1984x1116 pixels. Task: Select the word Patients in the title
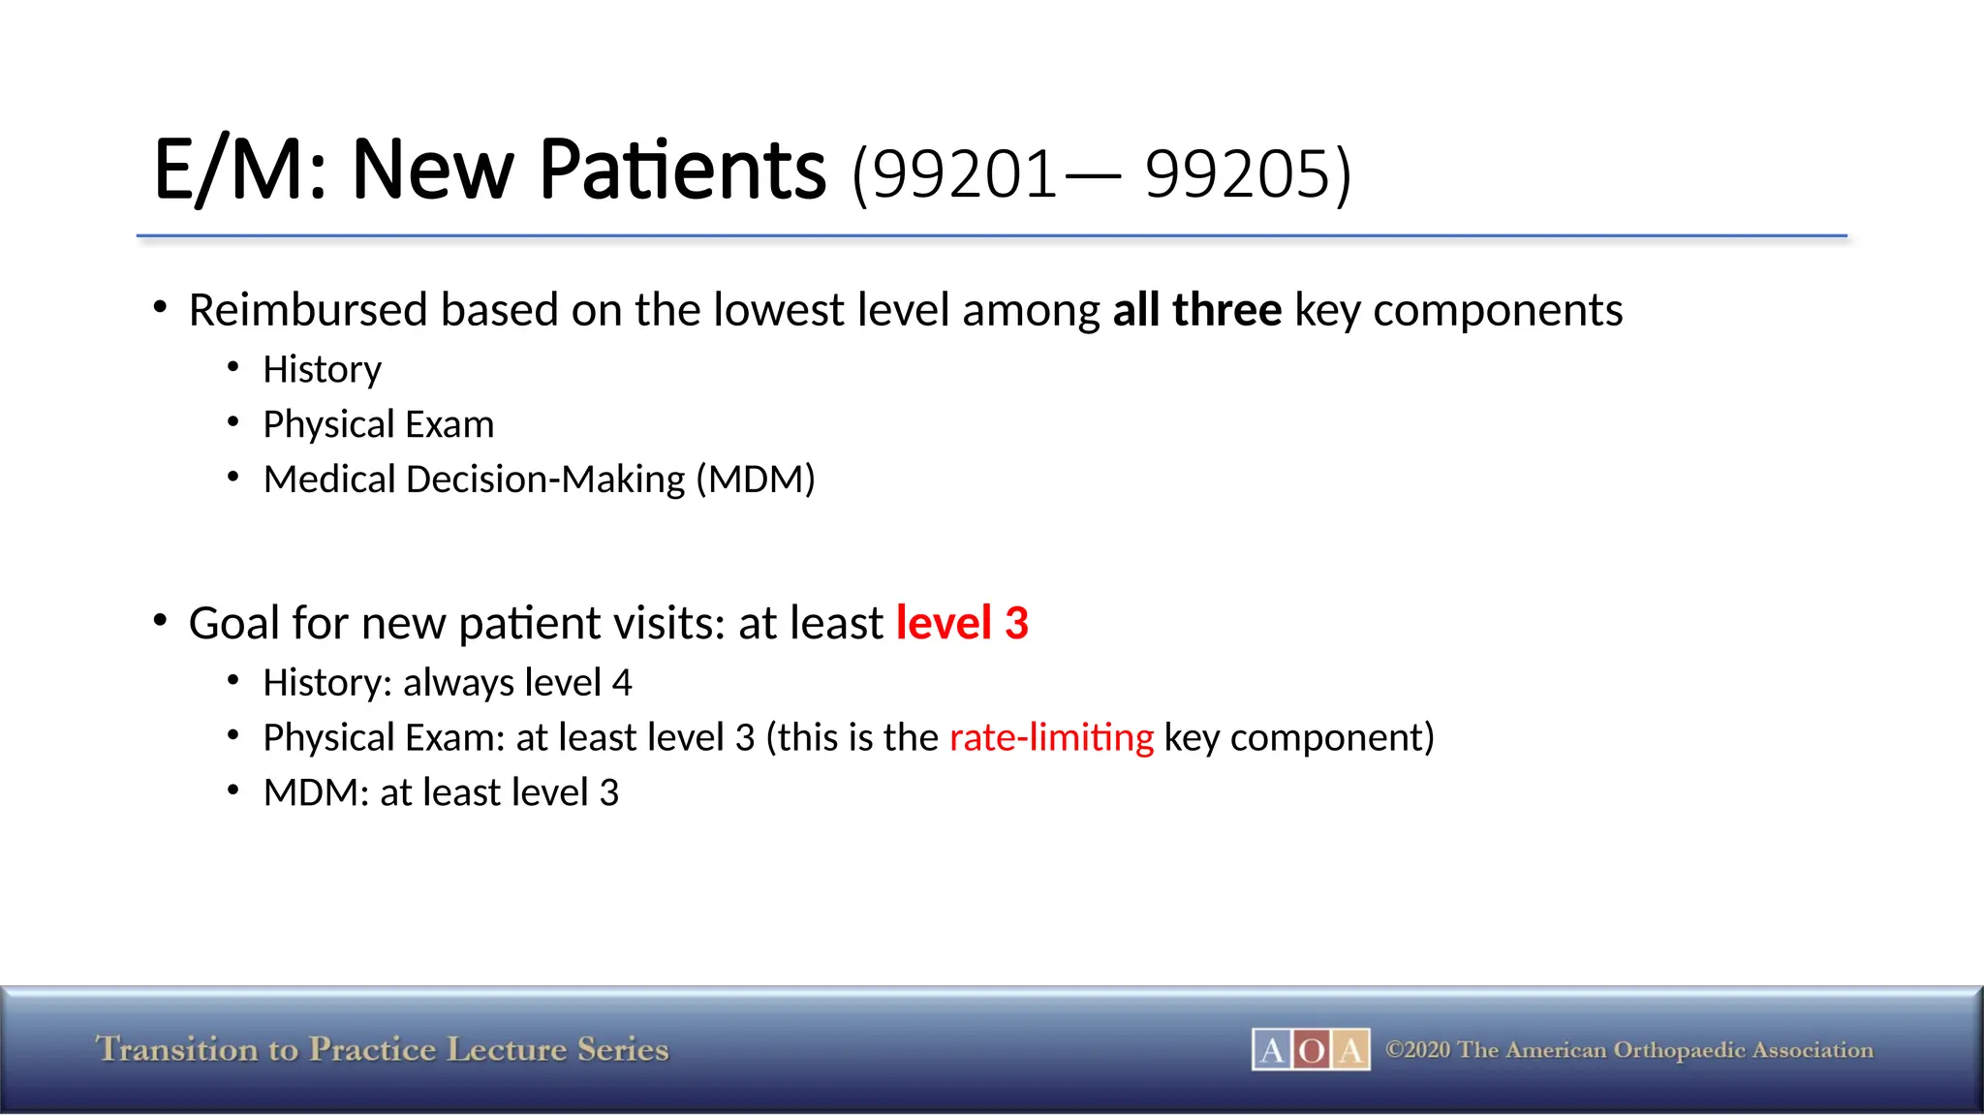point(682,170)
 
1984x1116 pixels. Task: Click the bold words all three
point(1196,310)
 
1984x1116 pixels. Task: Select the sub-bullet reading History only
point(322,370)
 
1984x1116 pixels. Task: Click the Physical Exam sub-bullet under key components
point(378,424)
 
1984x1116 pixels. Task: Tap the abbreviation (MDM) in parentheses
point(756,480)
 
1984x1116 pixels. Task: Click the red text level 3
point(961,623)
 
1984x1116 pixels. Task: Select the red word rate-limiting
point(1051,738)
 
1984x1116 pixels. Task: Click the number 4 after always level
point(622,683)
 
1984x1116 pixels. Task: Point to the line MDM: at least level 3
point(441,793)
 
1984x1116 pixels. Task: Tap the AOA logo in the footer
point(1310,1049)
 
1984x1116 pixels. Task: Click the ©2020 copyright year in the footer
point(1418,1050)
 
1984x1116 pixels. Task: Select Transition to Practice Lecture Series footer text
point(382,1049)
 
